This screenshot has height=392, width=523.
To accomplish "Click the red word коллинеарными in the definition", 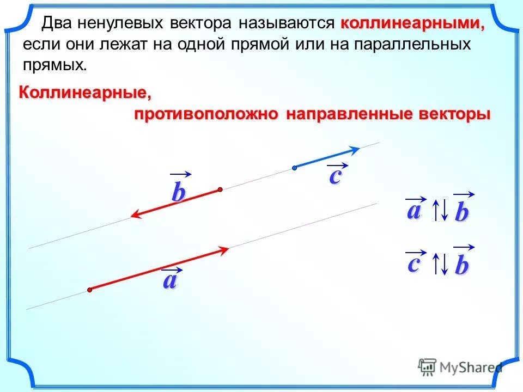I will tap(412, 24).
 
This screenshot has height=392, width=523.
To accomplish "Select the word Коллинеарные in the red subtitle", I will tap(86, 93).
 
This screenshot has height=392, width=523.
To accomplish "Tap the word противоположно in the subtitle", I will tap(207, 115).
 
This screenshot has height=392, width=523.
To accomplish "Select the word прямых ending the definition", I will tap(54, 64).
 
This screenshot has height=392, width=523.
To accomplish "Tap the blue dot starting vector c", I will tap(294, 168).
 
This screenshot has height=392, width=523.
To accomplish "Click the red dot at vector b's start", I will tap(220, 189).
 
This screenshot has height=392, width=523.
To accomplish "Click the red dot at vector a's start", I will tap(89, 290).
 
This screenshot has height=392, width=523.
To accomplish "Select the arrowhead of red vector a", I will tap(224, 250).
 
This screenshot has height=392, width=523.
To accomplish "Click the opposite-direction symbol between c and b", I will tap(440, 264).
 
